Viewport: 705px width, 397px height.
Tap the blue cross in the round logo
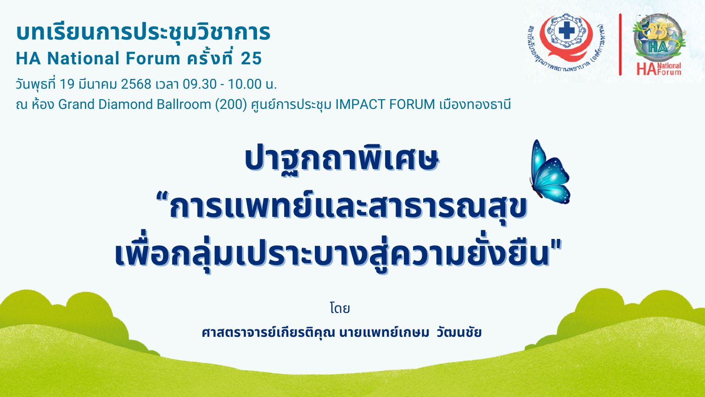566,32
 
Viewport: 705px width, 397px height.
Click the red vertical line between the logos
620,45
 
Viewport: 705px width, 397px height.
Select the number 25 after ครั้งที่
251,58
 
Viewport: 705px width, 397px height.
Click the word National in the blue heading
83,58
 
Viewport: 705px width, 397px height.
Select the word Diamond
126,104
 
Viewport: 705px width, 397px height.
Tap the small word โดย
340,308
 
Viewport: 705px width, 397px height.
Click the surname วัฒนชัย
459,332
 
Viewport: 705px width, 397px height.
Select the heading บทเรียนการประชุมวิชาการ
143,32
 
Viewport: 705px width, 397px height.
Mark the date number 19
67,84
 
